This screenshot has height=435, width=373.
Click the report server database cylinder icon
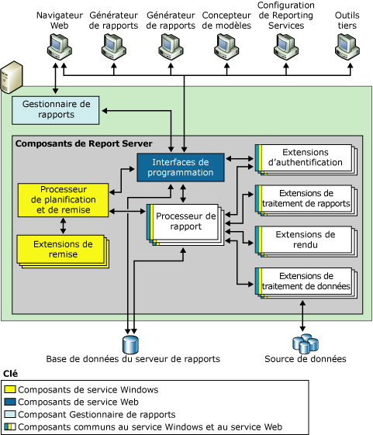129,342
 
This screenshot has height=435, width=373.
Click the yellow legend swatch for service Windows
10,389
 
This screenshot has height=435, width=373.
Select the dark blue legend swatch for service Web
10,402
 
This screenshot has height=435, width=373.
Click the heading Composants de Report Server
84,143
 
